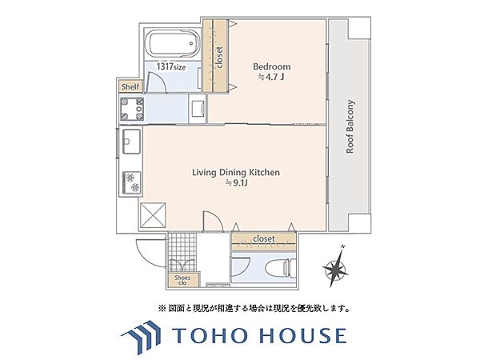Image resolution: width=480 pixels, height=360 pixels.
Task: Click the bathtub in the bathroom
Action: (174, 43)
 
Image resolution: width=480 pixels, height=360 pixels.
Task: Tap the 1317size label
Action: (171, 66)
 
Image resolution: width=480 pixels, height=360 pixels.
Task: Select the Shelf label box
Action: (130, 86)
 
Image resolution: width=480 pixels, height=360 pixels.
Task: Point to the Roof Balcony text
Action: (350, 126)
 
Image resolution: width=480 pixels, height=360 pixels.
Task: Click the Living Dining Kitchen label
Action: (236, 172)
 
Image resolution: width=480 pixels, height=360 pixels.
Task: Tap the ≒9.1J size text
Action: (236, 183)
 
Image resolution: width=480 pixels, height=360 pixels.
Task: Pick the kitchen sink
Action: (132, 141)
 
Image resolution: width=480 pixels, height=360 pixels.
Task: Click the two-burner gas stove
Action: (132, 182)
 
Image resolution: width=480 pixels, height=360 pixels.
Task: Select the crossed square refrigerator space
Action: (153, 215)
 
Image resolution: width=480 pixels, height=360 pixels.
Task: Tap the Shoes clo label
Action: (182, 280)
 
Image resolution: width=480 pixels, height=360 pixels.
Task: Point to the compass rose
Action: (335, 267)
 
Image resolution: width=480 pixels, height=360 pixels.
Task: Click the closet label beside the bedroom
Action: (219, 57)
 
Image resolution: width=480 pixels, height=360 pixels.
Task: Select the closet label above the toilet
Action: (264, 238)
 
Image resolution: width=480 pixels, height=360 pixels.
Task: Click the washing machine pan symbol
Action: (132, 109)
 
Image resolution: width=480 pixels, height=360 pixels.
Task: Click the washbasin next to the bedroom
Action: (198, 109)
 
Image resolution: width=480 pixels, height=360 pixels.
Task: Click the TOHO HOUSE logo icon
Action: (141, 336)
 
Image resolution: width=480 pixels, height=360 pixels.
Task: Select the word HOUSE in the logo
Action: (303, 335)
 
